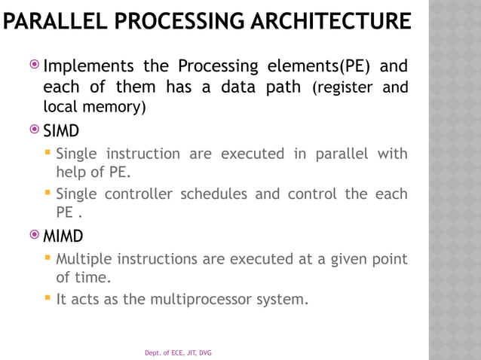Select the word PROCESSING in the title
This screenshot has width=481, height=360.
[x=175, y=20]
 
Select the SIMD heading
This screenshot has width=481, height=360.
[x=61, y=132]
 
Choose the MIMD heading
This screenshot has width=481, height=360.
[x=63, y=237]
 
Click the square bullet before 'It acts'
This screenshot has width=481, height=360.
[x=48, y=298]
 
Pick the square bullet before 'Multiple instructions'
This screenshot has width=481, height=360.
[x=48, y=259]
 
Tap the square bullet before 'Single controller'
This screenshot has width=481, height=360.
[x=48, y=193]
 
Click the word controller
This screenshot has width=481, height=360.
[x=138, y=194]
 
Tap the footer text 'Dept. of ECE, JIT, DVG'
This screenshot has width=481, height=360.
[x=178, y=352]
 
